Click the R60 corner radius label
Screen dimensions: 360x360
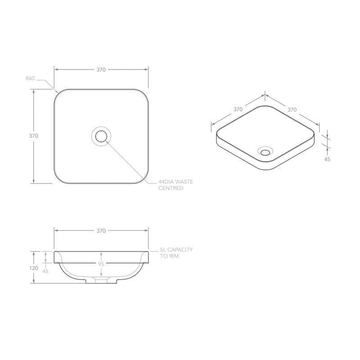tap(30, 78)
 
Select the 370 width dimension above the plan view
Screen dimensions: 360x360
tap(101, 69)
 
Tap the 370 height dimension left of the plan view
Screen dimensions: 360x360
tap(33, 136)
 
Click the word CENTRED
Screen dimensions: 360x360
tap(170, 189)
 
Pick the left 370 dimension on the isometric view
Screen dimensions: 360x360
tap(238, 109)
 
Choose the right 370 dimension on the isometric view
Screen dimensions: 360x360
tap(292, 109)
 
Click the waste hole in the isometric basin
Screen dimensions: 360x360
tap(266, 151)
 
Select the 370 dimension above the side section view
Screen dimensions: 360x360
tap(101, 231)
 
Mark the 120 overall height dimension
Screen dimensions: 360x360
tap(34, 267)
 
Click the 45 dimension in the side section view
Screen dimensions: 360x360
tap(46, 271)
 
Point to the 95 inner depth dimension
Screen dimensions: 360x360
tap(101, 264)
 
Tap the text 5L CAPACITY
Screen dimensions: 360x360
tap(176, 249)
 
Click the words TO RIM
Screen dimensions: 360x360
tap(169, 256)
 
